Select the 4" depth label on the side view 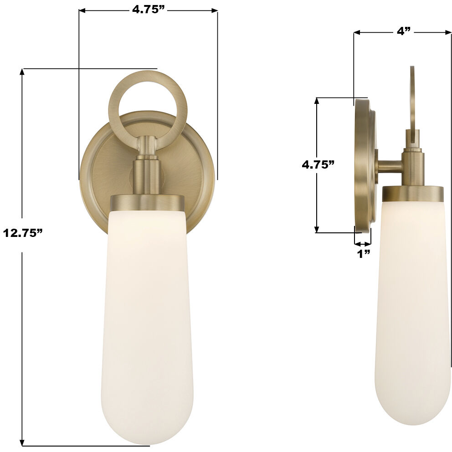pyautogui.click(x=404, y=31)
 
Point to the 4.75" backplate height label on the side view pyautogui.click(x=318, y=164)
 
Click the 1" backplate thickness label pyautogui.click(x=363, y=254)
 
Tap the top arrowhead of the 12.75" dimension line pyautogui.click(x=22, y=72)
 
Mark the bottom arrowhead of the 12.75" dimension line pyautogui.click(x=22, y=443)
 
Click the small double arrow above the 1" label pyautogui.click(x=363, y=242)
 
